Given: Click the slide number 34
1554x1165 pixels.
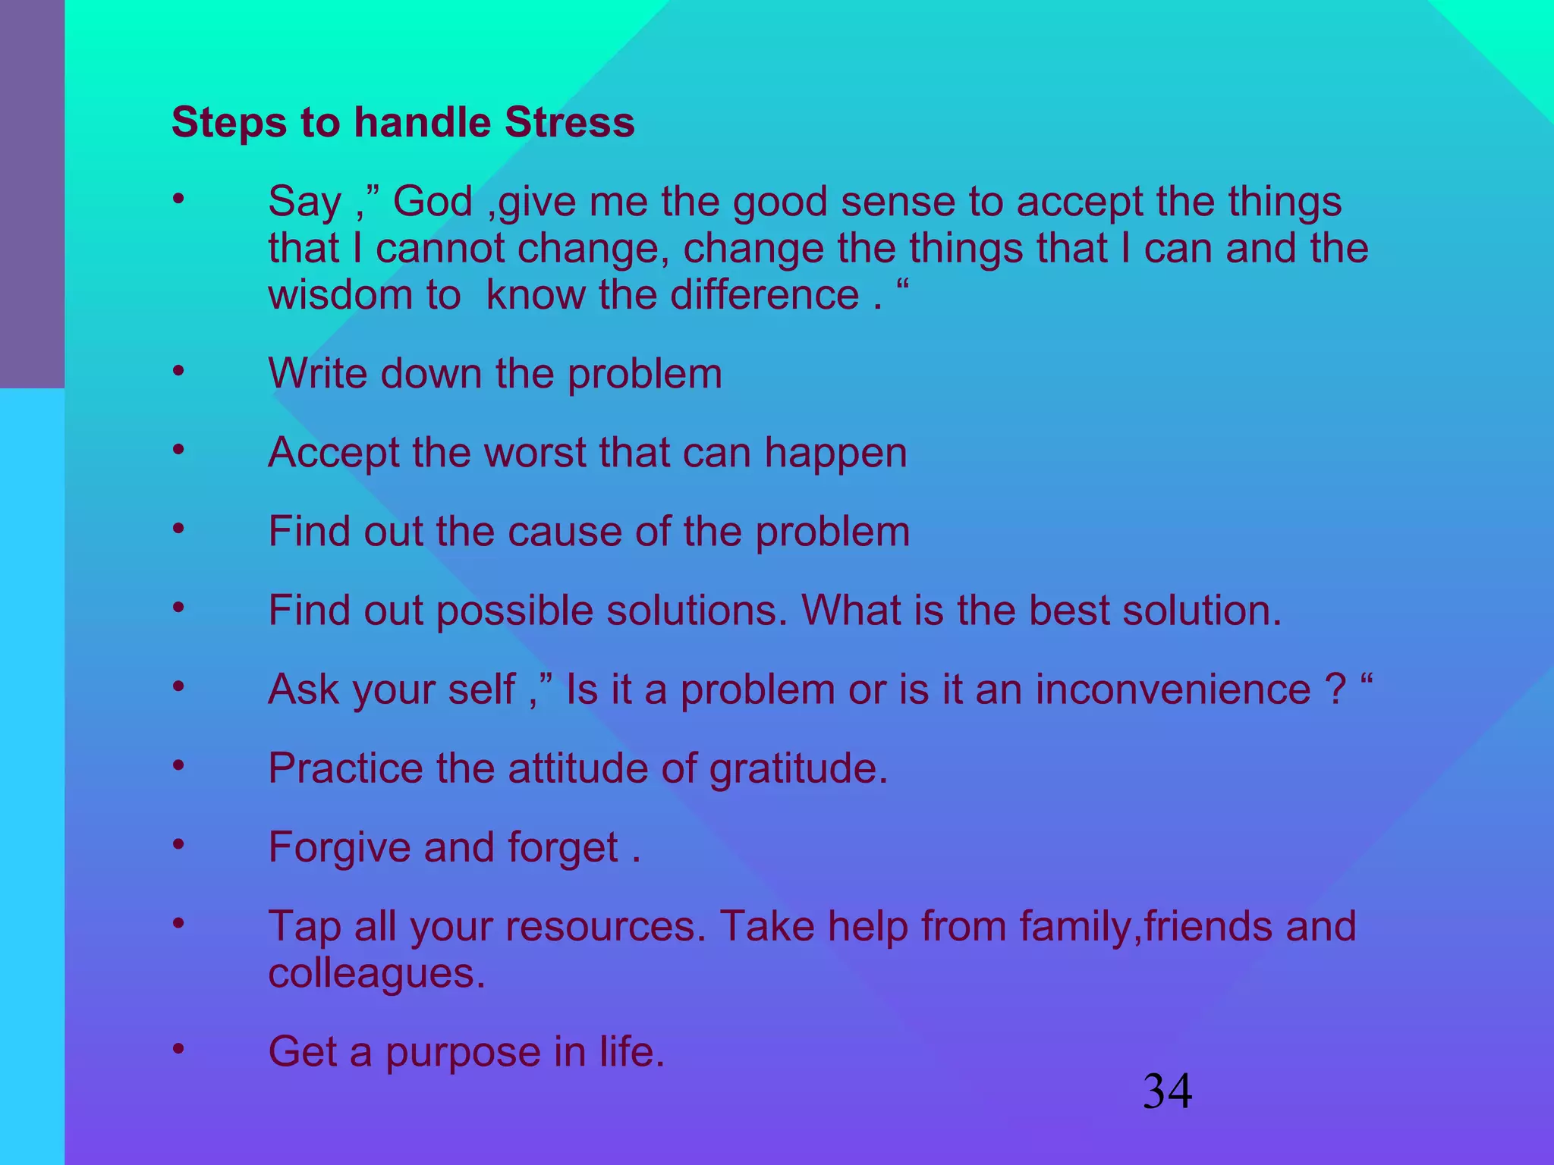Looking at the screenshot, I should coord(1167,1092).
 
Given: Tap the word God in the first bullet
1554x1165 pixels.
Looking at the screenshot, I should coord(433,202).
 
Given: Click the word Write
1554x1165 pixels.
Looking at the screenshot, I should coord(318,373).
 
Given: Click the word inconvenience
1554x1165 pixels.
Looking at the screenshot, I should coord(1173,689).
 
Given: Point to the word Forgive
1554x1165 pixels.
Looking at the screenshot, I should coord(339,848).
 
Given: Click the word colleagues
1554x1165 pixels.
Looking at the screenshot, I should coord(376,974).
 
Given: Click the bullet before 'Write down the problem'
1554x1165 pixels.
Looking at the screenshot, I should coord(178,371).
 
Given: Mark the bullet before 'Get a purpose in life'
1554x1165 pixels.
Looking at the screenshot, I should coord(178,1049).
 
